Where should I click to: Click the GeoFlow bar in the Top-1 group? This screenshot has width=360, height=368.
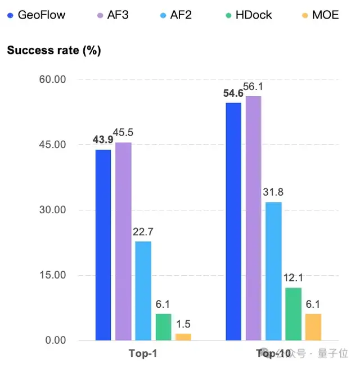103,245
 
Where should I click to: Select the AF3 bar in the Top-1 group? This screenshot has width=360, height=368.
123,241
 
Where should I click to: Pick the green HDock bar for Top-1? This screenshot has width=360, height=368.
163,327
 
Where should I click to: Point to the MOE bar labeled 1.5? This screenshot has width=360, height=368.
183,337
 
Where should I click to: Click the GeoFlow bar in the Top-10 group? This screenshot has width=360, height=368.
233,222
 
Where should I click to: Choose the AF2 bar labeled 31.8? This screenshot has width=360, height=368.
273,271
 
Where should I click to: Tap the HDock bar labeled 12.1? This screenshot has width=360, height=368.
293,314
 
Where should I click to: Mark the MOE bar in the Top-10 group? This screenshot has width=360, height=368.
313,327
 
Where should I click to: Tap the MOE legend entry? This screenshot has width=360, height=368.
321,15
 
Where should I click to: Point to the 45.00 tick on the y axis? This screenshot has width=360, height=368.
52,145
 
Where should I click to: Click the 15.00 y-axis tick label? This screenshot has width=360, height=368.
52,275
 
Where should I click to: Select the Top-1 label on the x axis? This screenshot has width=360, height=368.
142,354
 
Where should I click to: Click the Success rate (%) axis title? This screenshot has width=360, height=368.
54,51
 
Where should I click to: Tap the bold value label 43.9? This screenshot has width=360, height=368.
103,139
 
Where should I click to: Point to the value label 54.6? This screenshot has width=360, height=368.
233,93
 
